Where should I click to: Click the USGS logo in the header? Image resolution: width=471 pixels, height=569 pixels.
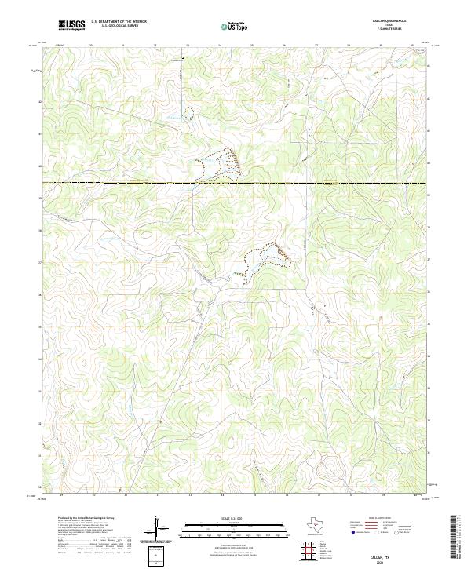tap(71, 25)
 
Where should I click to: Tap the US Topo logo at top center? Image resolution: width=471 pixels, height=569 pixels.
tap(235, 26)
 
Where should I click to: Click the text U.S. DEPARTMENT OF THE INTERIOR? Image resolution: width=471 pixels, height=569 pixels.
tap(119, 22)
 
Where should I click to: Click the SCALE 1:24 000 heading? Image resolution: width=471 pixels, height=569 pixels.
tap(235, 519)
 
